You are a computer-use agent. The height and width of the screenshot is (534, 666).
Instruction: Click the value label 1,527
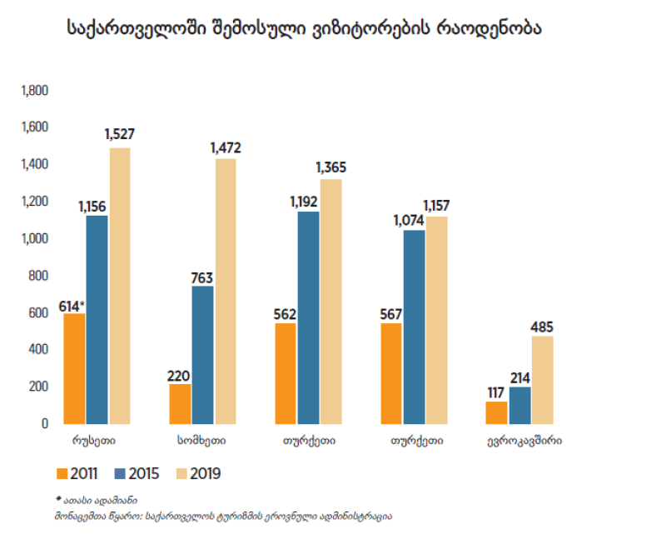119,134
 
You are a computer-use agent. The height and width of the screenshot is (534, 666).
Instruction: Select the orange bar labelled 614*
75,368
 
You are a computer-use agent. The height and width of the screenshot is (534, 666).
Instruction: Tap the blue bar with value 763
202,355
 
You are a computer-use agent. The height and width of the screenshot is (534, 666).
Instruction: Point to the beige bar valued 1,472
225,291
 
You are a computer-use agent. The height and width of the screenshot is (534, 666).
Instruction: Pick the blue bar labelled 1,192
308,317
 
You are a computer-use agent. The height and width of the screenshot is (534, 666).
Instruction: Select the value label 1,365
331,167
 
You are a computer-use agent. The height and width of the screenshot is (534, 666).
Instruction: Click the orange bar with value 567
392,373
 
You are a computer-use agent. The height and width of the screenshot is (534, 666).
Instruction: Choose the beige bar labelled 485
542,379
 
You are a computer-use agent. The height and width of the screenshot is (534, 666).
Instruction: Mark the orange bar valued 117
497,412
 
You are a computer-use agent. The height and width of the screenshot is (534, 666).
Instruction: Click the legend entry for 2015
137,474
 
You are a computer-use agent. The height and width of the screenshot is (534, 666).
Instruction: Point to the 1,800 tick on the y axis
34,91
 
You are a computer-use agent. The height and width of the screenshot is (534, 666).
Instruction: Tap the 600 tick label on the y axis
38,313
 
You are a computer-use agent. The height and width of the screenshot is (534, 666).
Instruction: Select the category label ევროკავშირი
524,439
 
